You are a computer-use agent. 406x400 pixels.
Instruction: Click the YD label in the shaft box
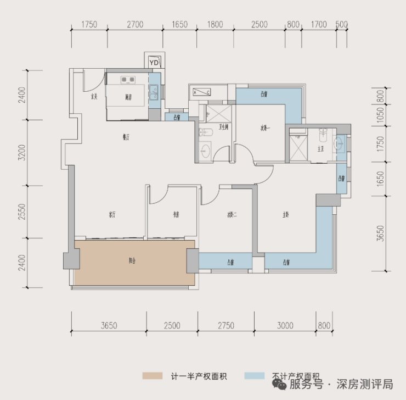[x=154, y=63]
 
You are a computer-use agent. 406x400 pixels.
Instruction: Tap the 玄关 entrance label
[x=94, y=97]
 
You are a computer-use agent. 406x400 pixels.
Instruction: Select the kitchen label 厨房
[x=128, y=97]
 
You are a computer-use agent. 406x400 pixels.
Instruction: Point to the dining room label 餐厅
[x=126, y=137]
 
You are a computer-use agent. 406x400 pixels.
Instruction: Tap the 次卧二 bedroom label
[x=232, y=215]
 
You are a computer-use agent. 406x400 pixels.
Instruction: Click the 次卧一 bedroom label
[x=266, y=129]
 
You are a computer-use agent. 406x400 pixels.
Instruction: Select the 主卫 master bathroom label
[x=320, y=149]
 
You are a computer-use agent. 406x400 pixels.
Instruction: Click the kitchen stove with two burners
[x=128, y=80]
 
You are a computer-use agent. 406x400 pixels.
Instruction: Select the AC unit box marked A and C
[x=201, y=92]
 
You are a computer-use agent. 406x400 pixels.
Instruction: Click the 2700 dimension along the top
[x=134, y=25]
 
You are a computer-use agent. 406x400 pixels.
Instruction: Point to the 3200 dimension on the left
[x=22, y=152]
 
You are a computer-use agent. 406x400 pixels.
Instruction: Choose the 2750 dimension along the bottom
[x=225, y=325]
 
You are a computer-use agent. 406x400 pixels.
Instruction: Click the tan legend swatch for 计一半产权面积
[x=153, y=376]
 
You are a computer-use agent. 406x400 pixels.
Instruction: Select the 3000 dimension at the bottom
[x=285, y=325]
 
